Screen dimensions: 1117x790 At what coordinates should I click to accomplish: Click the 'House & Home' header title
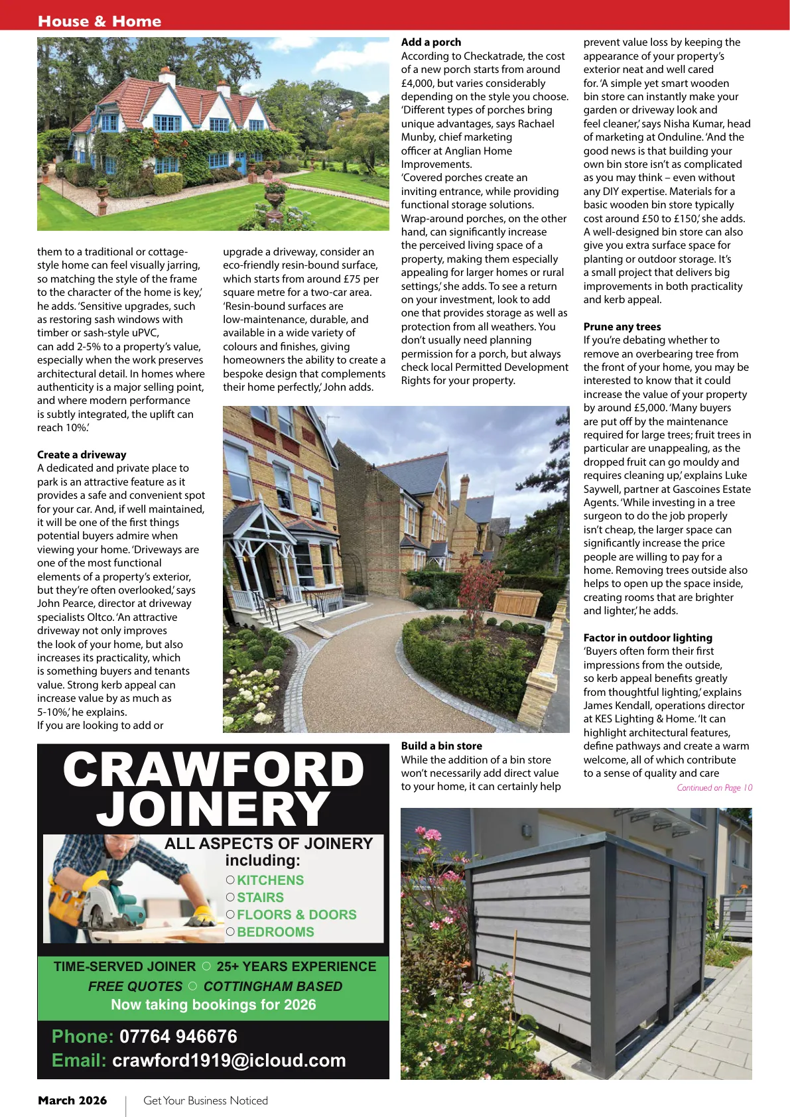pyautogui.click(x=99, y=21)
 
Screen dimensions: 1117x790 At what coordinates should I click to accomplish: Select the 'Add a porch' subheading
pyautogui.click(x=431, y=42)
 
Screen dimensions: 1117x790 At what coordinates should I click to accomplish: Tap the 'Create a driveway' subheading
pyautogui.click(x=82, y=454)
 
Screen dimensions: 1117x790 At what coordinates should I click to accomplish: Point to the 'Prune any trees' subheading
pyautogui.click(x=622, y=326)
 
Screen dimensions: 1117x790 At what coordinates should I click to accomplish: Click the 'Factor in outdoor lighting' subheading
pyautogui.click(x=648, y=637)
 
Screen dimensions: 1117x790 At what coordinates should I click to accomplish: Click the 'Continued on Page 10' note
pyautogui.click(x=714, y=787)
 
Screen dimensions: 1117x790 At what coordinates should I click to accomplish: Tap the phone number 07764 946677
pyautogui.click(x=178, y=1036)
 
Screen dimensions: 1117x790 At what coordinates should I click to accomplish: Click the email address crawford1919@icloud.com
pyautogui.click(x=229, y=1060)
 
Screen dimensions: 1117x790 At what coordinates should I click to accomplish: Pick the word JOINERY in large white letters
pyautogui.click(x=214, y=809)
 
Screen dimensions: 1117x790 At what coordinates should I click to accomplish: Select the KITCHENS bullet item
pyautogui.click(x=270, y=880)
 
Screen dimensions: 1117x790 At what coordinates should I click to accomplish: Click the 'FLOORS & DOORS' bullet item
pyautogui.click(x=296, y=915)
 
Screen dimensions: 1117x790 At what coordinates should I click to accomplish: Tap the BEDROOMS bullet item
pyautogui.click(x=275, y=932)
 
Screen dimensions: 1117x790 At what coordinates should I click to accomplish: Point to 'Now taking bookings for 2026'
pyautogui.click(x=214, y=1004)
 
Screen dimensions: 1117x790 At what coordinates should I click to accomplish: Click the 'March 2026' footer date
pyautogui.click(x=72, y=1100)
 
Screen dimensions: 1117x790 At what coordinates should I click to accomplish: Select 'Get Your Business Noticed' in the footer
pyautogui.click(x=206, y=1100)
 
